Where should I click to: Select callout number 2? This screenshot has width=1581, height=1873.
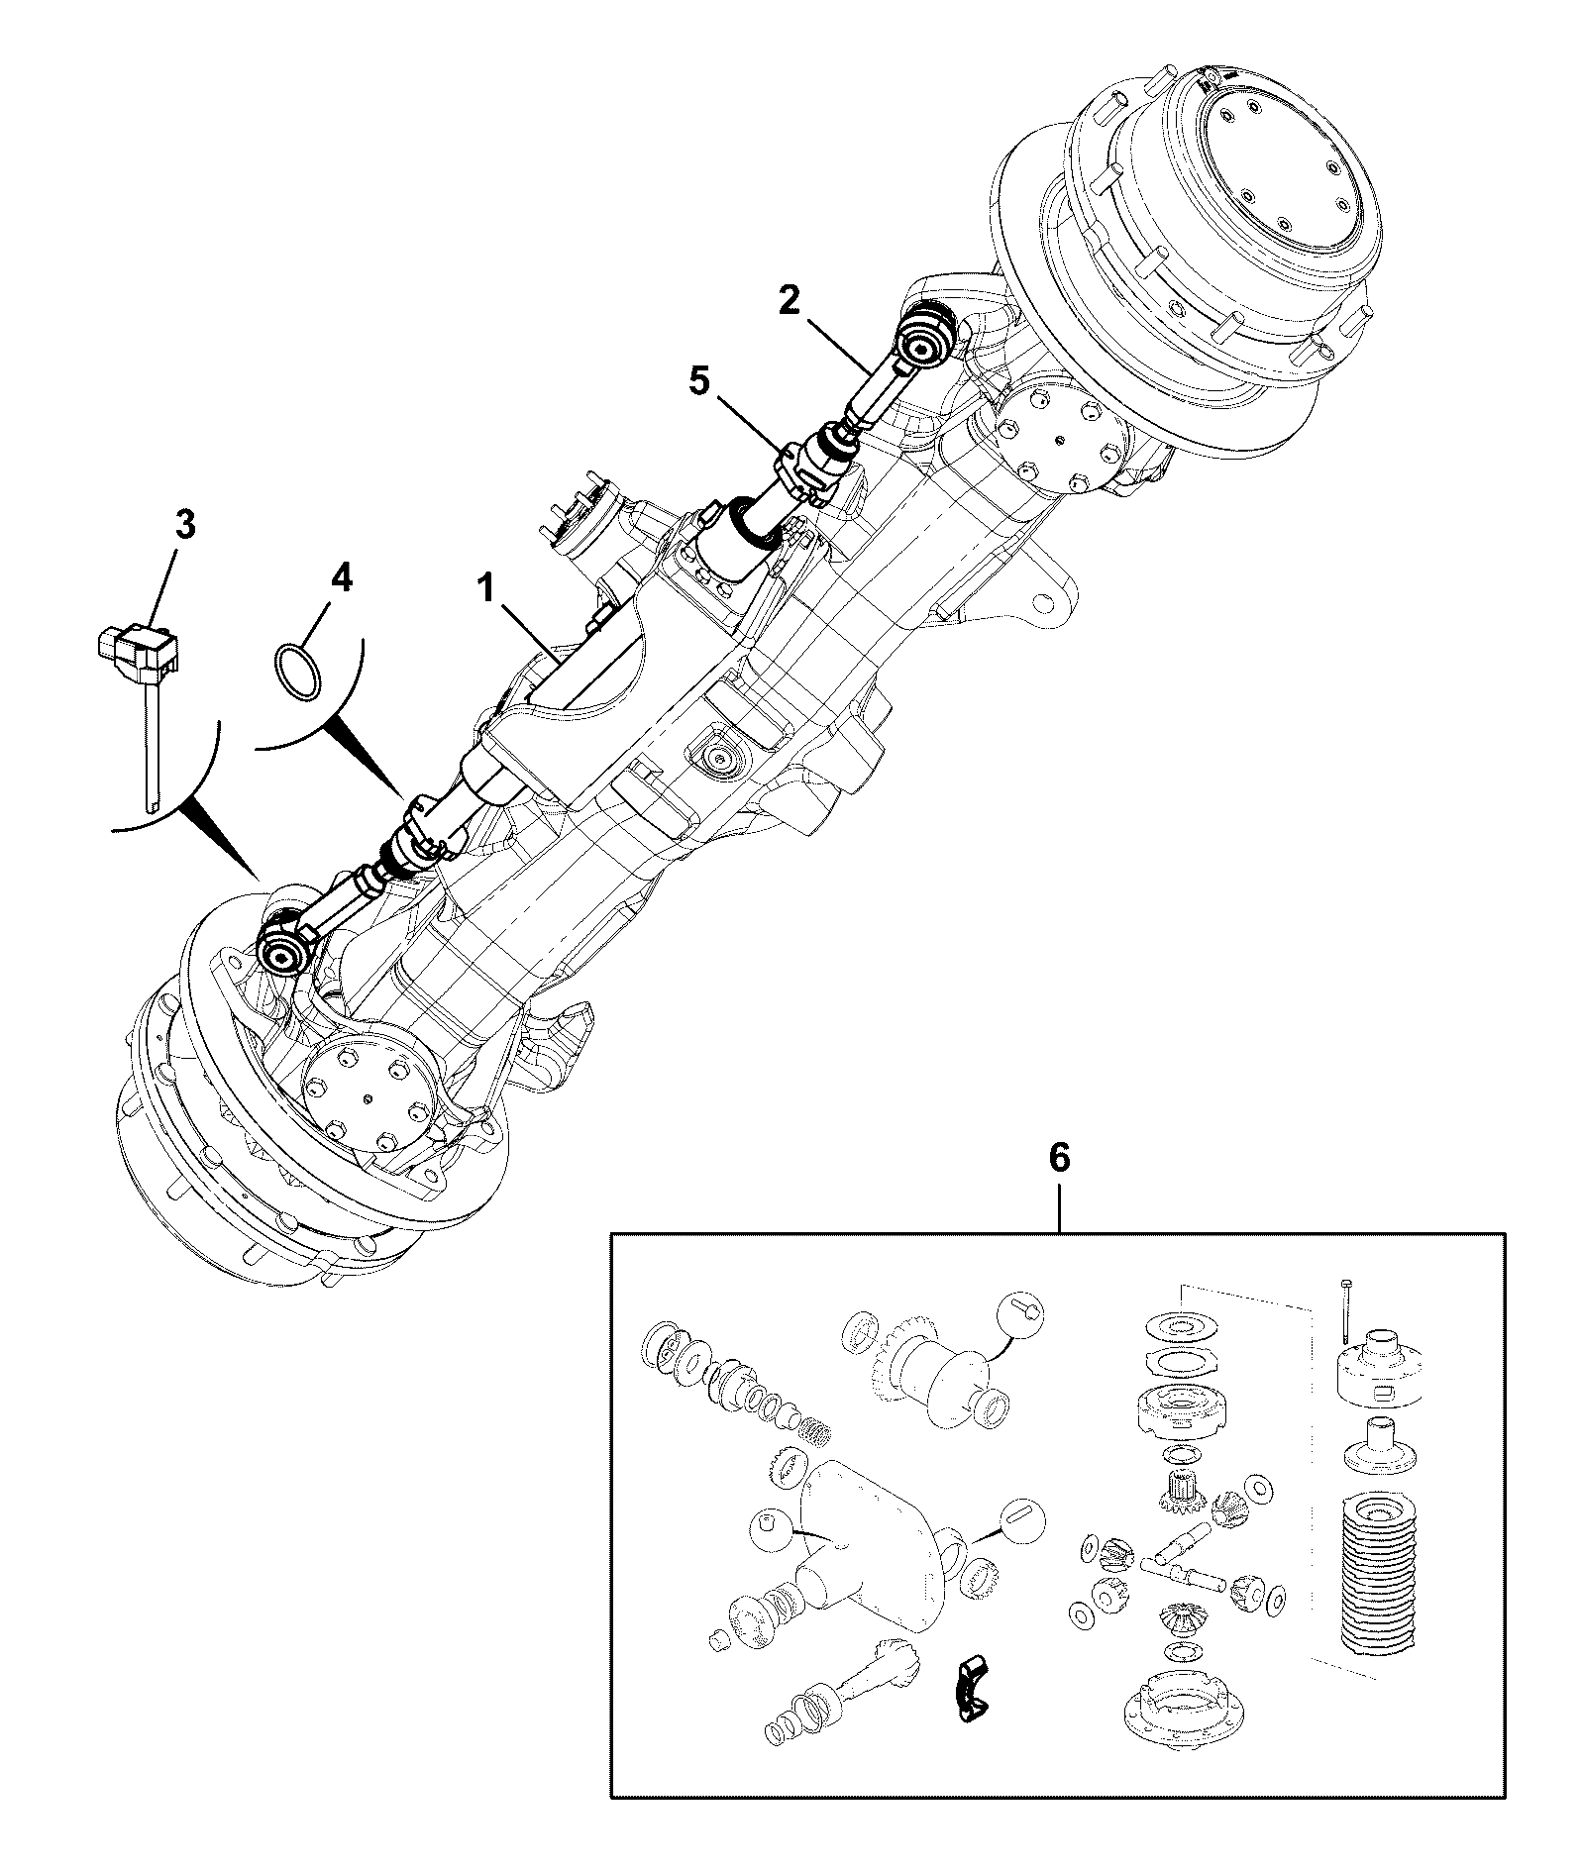[789, 299]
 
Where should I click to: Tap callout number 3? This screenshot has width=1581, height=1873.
[184, 526]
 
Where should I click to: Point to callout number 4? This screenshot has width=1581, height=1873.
[340, 578]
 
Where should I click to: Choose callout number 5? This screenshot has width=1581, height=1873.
[699, 381]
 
